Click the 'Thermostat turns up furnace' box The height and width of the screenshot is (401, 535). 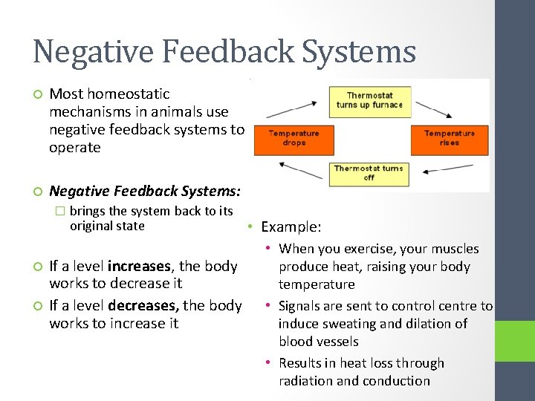[x=369, y=100]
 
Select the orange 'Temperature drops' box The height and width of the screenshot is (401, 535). [x=294, y=138]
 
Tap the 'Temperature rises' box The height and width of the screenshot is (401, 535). [x=449, y=138]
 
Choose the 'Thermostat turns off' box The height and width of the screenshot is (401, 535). [x=369, y=172]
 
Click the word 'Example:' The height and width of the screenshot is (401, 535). [x=291, y=227]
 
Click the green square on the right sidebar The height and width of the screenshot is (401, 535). [x=516, y=342]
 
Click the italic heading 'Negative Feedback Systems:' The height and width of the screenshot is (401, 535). [x=145, y=191]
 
